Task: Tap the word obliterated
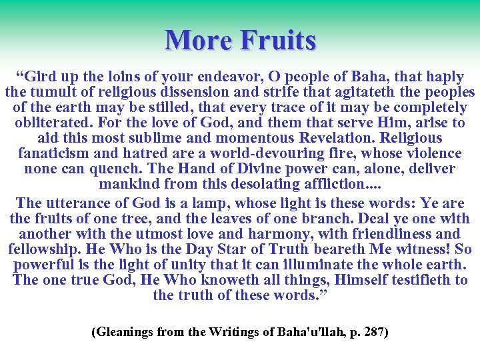tap(54, 123)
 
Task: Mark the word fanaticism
tap(57, 153)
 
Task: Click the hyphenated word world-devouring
tap(274, 153)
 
